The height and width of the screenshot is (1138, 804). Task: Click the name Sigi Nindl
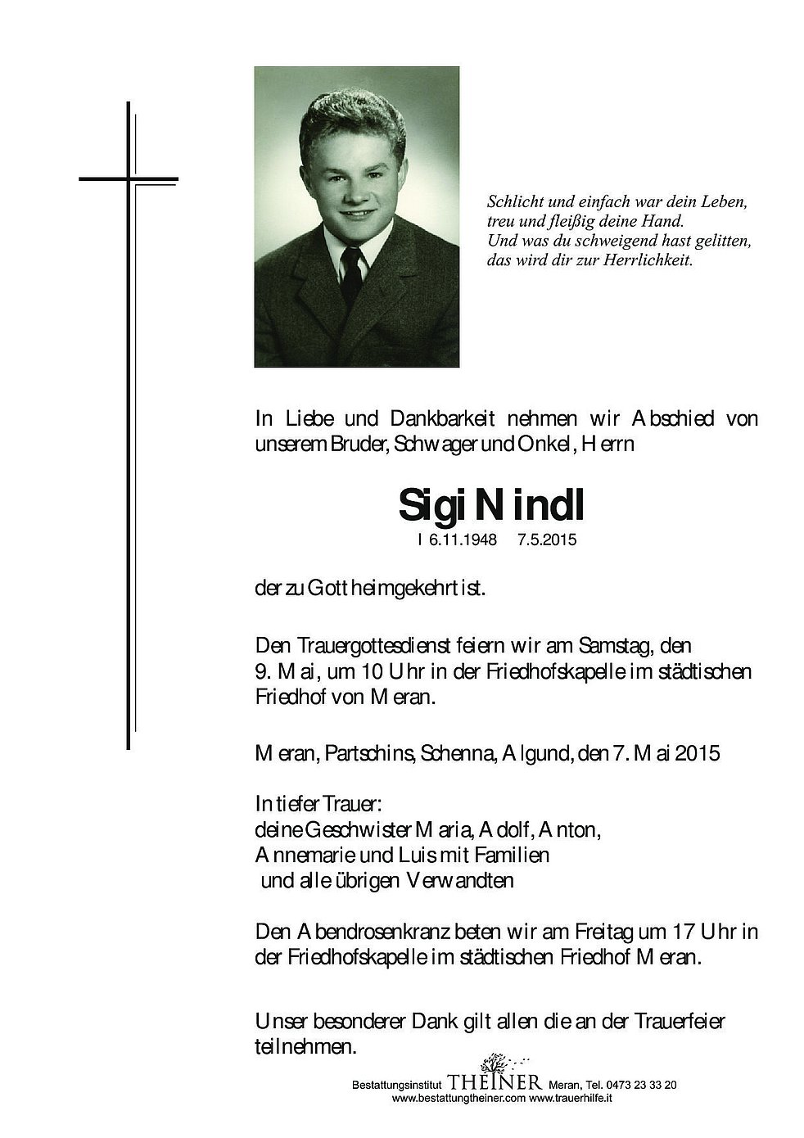(491, 506)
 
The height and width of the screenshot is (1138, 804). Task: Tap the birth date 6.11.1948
(458, 540)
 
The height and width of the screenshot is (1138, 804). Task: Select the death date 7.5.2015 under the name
(541, 540)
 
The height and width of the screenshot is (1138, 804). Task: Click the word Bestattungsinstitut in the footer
(394, 1086)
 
